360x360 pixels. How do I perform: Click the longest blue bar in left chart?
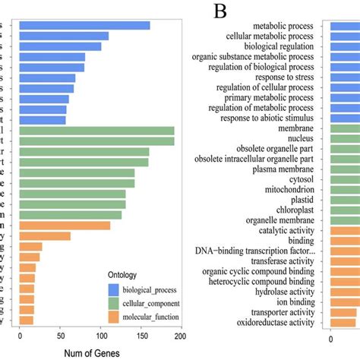pyautogui.click(x=85, y=25)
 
